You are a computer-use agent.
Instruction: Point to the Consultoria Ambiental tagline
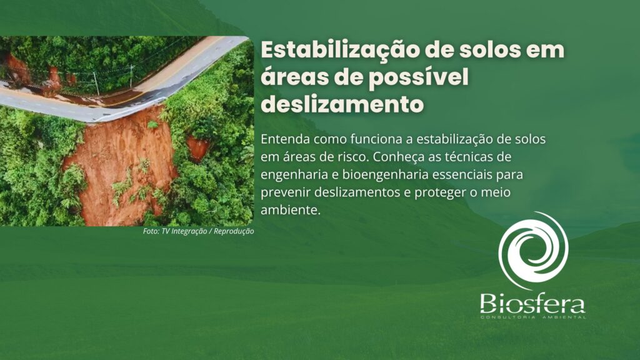pos(532,317)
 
